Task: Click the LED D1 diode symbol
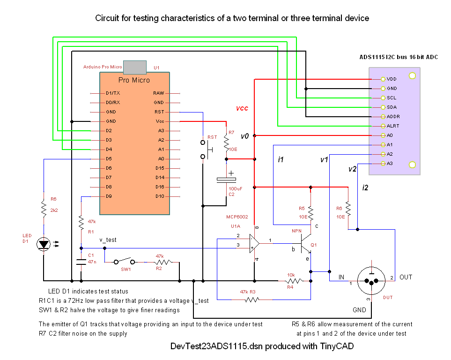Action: (44, 244)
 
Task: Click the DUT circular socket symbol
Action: (371, 281)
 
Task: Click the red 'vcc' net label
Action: (242, 108)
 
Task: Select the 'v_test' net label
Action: (108, 240)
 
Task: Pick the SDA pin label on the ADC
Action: (392, 107)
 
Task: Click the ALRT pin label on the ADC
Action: (393, 126)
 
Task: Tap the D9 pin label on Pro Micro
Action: (109, 196)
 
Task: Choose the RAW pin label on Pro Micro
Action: (158, 93)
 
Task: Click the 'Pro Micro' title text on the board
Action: (134, 80)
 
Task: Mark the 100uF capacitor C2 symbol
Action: (227, 180)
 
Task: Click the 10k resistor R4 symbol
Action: (294, 281)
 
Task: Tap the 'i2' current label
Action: (365, 188)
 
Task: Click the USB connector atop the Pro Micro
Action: (134, 66)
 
